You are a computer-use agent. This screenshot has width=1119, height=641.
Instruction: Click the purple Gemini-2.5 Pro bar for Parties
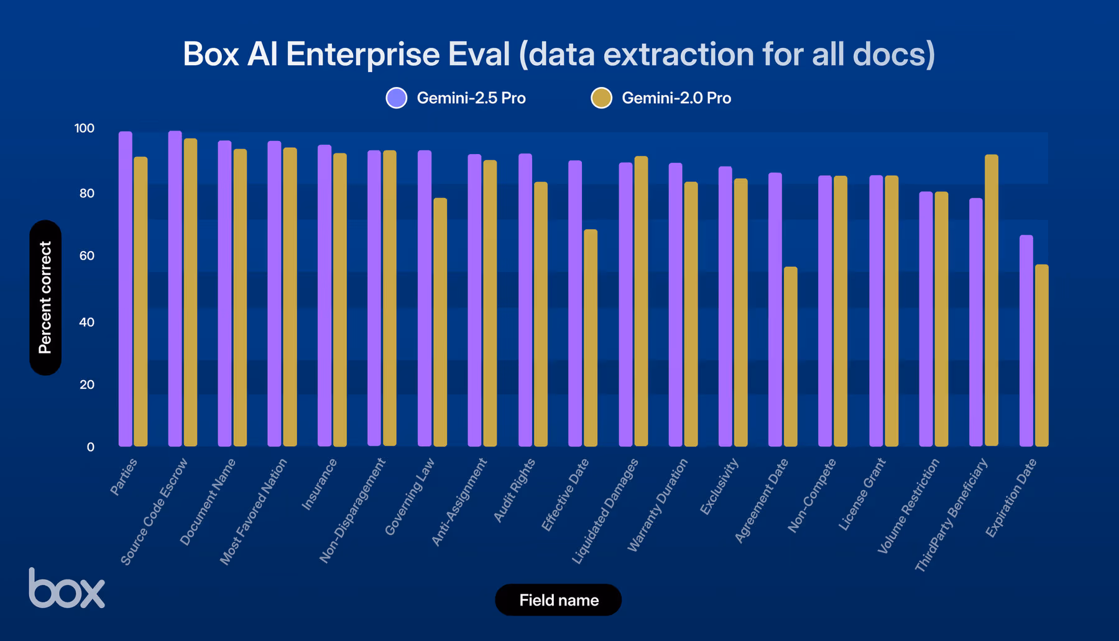click(125, 289)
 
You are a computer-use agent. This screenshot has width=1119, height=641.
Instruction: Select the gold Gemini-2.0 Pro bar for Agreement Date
click(790, 357)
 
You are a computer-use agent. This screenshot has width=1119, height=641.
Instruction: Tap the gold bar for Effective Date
click(590, 338)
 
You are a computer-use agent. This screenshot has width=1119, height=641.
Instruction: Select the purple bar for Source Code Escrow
click(175, 289)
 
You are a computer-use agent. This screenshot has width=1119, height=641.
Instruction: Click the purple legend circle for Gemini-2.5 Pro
click(397, 98)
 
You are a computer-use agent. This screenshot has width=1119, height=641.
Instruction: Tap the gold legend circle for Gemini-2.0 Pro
click(601, 98)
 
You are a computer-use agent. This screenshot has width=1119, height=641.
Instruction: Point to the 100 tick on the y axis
click(85, 129)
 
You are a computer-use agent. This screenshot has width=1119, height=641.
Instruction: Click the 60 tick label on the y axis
click(87, 256)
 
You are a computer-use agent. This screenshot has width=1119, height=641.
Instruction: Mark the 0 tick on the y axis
click(91, 447)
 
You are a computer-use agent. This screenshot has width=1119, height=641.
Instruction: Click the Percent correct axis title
click(45, 298)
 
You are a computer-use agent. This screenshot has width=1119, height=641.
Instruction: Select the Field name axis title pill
click(558, 600)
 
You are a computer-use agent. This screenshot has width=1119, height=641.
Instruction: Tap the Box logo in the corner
click(67, 588)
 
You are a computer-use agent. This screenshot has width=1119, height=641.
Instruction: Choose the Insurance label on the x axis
click(320, 485)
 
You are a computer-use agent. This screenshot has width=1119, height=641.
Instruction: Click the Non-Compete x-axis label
click(812, 496)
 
